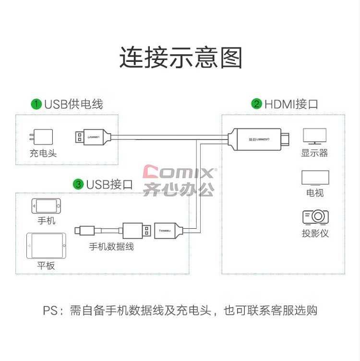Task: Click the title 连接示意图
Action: click(180, 58)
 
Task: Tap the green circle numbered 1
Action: click(36, 104)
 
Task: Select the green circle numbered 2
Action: click(256, 104)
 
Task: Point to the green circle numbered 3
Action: click(78, 185)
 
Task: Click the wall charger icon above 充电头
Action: click(41, 137)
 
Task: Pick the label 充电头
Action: click(43, 153)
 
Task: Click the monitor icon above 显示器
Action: click(314, 136)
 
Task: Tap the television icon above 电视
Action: click(315, 178)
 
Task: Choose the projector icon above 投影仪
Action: click(315, 217)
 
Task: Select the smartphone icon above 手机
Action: click(46, 206)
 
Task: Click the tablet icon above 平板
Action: click(46, 245)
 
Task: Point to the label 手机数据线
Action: click(111, 246)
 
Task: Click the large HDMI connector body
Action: click(258, 140)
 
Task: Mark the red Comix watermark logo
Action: click(179, 172)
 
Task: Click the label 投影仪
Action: click(315, 233)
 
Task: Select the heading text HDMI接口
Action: click(291, 104)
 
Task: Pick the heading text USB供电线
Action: click(73, 104)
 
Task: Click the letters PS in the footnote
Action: click(50, 310)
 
